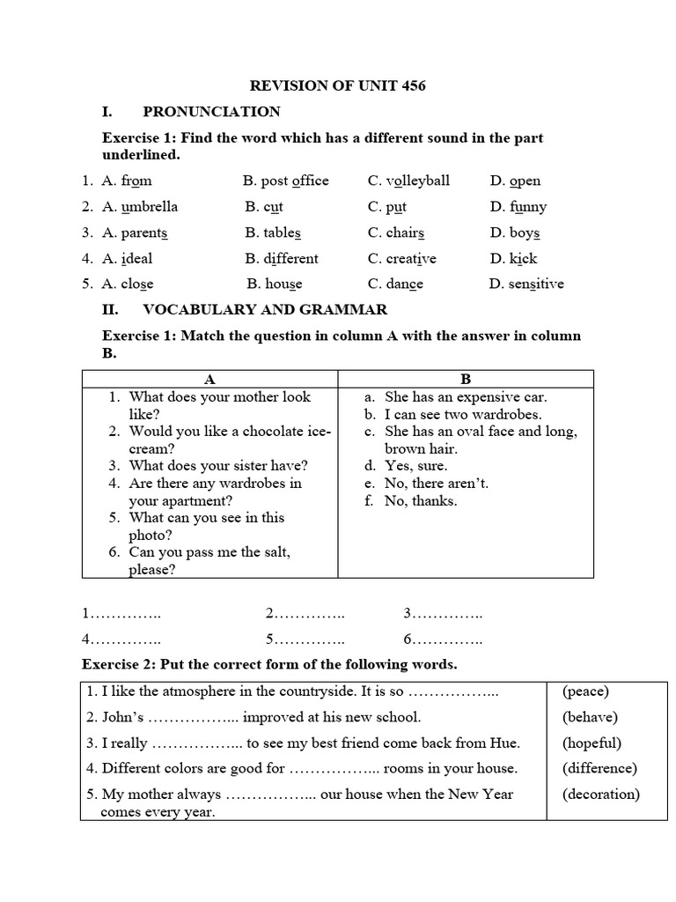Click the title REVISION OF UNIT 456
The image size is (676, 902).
point(339,85)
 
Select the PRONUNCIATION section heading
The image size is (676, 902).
point(211,112)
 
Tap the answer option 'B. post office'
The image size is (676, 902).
point(286,181)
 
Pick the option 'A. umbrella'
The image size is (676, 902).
point(140,207)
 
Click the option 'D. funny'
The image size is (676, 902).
point(518,207)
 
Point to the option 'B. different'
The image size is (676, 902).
point(282,258)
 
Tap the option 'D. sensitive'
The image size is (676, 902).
point(526,284)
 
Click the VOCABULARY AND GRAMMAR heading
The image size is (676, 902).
point(265,310)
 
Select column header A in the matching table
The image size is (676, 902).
point(209,379)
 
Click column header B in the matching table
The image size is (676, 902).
point(466,379)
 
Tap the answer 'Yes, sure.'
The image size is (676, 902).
point(415,466)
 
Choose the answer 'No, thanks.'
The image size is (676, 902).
point(421,500)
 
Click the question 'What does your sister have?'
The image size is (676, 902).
point(218,466)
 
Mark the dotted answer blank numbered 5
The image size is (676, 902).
point(305,639)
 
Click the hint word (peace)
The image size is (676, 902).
point(585,691)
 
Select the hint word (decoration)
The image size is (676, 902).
point(601,794)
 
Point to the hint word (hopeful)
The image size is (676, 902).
point(591,743)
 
